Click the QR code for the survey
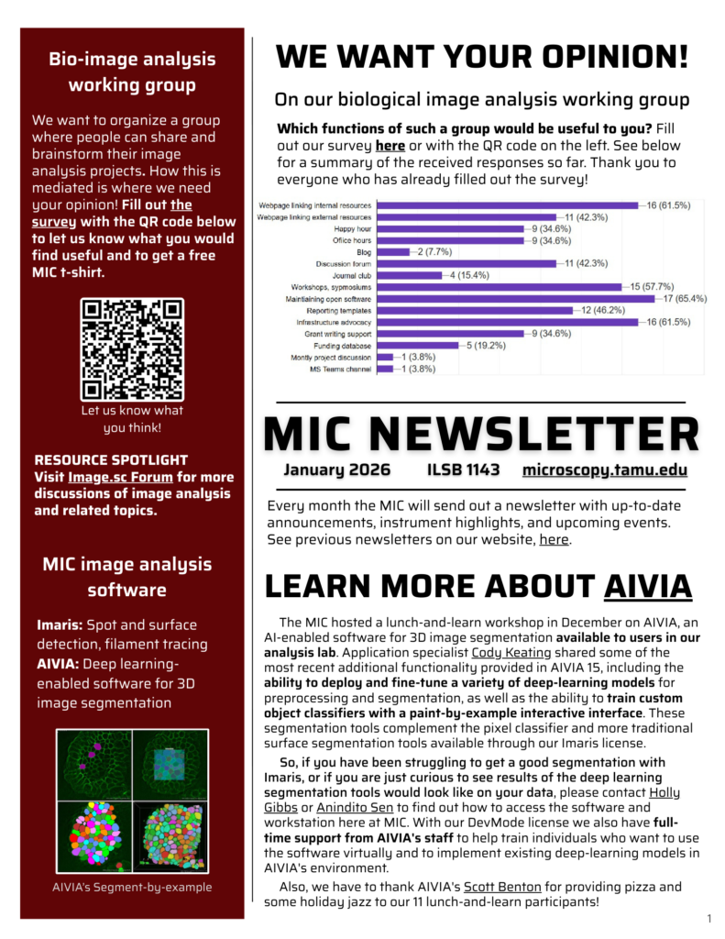click(x=132, y=349)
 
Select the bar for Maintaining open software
click(x=516, y=298)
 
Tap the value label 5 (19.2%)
click(x=492, y=346)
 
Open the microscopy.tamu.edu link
click(x=604, y=470)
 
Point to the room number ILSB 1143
click(x=463, y=470)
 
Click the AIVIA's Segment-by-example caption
click(x=132, y=887)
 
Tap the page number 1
click(x=709, y=918)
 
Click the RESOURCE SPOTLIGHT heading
click(x=111, y=459)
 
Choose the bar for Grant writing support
click(x=449, y=334)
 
